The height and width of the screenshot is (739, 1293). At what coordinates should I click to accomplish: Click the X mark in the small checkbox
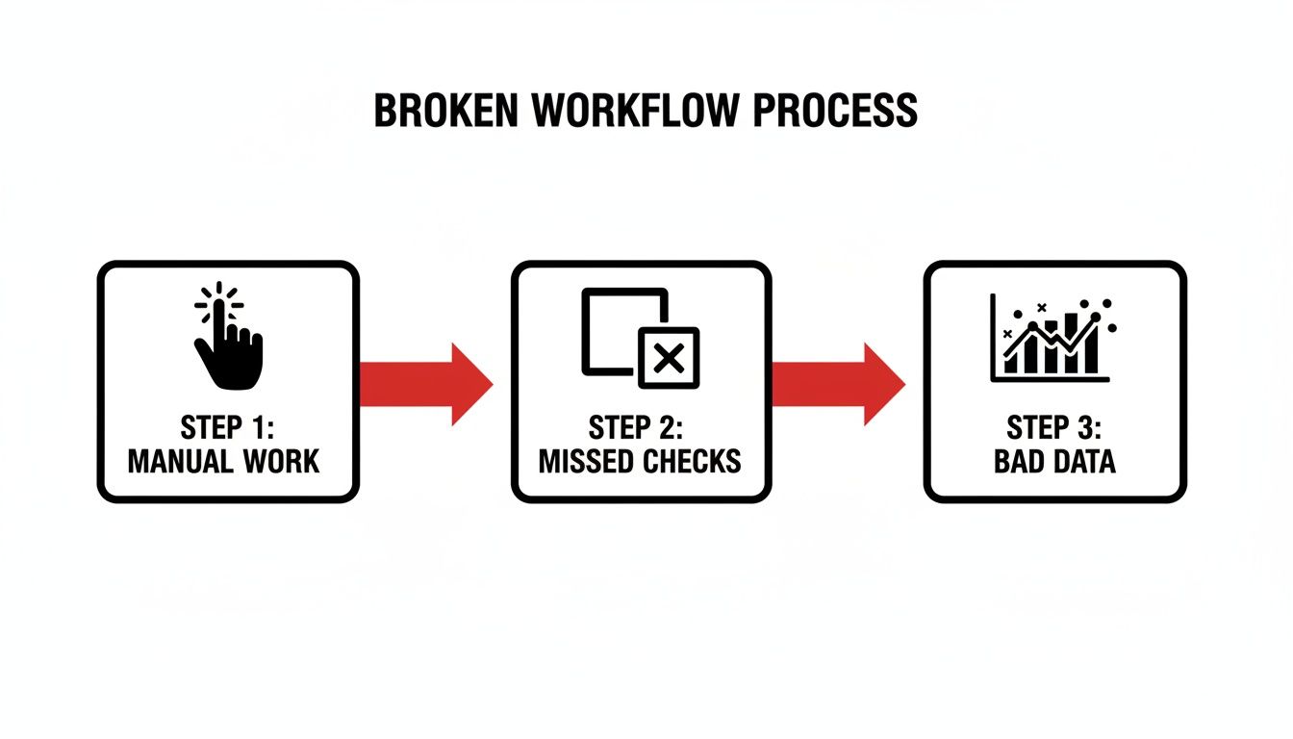point(669,358)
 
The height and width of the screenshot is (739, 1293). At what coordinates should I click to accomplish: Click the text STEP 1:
point(227,426)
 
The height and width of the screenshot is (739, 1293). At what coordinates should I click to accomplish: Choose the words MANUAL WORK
point(223,461)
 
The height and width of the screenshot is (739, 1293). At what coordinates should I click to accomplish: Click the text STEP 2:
point(641,426)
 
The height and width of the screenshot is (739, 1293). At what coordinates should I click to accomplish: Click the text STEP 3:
point(1055,426)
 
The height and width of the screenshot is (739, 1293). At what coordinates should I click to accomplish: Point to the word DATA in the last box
point(1082,461)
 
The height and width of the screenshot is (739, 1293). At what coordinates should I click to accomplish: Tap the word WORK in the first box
point(281,461)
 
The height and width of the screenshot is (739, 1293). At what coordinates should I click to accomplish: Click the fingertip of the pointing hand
point(219,307)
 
